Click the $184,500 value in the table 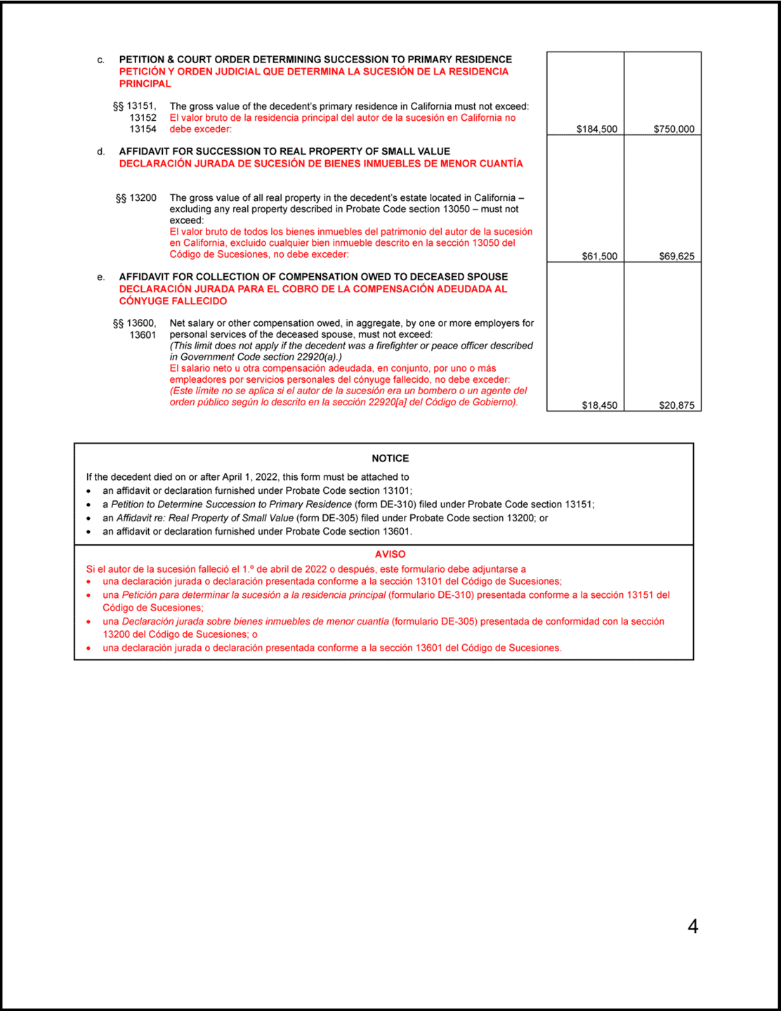(x=596, y=129)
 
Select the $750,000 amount (x=674, y=129)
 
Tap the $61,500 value (x=599, y=256)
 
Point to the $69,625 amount (x=676, y=256)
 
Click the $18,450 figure (x=599, y=405)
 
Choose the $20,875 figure (x=676, y=405)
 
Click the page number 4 (x=693, y=927)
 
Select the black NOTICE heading (x=390, y=458)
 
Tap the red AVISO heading (x=390, y=554)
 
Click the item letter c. (x=101, y=60)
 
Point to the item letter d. (x=101, y=152)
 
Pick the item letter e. (x=101, y=278)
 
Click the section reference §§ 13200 (x=136, y=198)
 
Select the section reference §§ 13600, (x=135, y=323)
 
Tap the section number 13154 (x=143, y=129)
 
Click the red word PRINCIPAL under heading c (x=145, y=84)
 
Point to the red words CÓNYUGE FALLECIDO (x=173, y=301)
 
